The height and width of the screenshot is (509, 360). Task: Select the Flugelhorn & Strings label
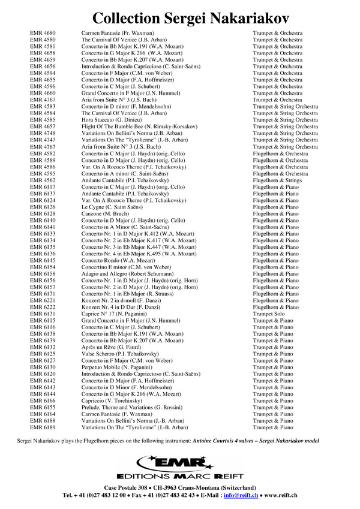tap(277, 180)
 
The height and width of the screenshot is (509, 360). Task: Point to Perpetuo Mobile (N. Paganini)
tap(119, 367)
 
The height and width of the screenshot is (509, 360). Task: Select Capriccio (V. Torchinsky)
tap(112, 400)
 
